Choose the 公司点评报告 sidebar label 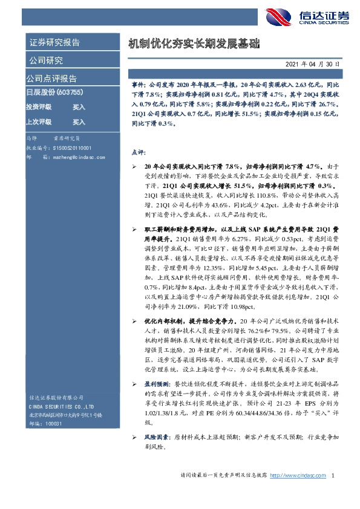[51, 79]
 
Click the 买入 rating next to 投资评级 [79, 106]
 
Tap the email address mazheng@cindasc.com [74, 155]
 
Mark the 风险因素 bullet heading [157, 419]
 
